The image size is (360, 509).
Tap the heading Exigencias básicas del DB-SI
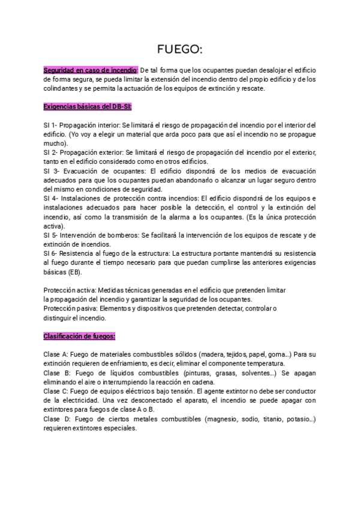tap(87, 106)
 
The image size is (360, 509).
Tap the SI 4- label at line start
tap(52, 198)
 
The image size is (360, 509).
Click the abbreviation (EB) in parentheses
tap(75, 272)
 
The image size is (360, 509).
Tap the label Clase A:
tap(57, 354)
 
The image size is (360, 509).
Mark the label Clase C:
tap(57, 391)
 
